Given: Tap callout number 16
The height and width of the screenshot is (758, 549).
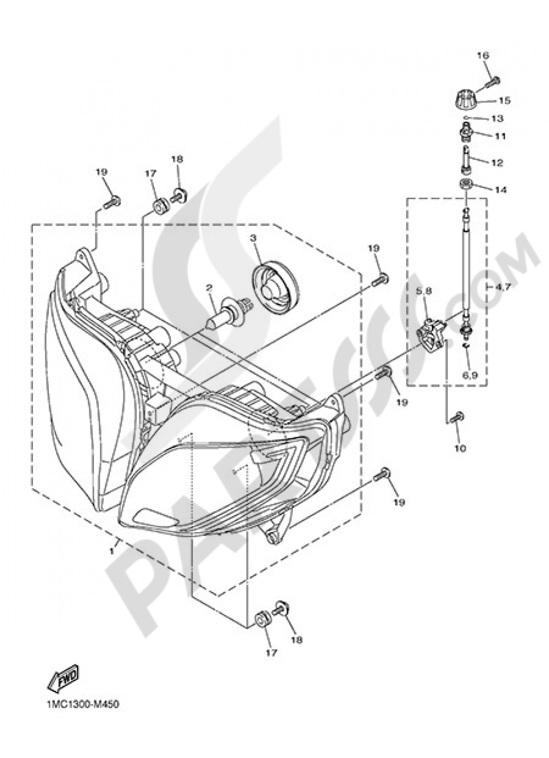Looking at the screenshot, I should (x=482, y=55).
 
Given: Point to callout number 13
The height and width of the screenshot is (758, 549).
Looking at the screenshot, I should (x=497, y=119).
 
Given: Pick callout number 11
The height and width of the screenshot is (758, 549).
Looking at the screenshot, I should (x=500, y=135).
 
